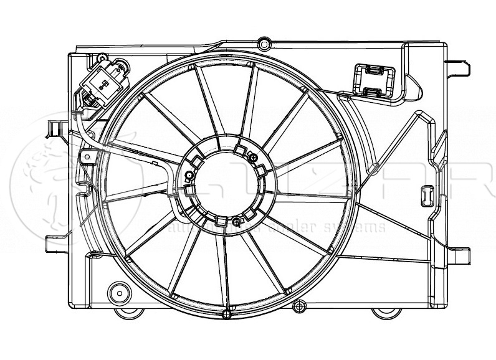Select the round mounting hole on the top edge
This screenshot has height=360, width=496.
[264, 44]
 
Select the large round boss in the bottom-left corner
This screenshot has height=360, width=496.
[117, 291]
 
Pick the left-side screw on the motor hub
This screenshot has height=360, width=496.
[188, 186]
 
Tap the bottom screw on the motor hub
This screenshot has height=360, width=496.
[235, 222]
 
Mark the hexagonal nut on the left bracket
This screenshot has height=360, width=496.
[87, 155]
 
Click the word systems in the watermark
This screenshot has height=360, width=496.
[361, 228]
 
